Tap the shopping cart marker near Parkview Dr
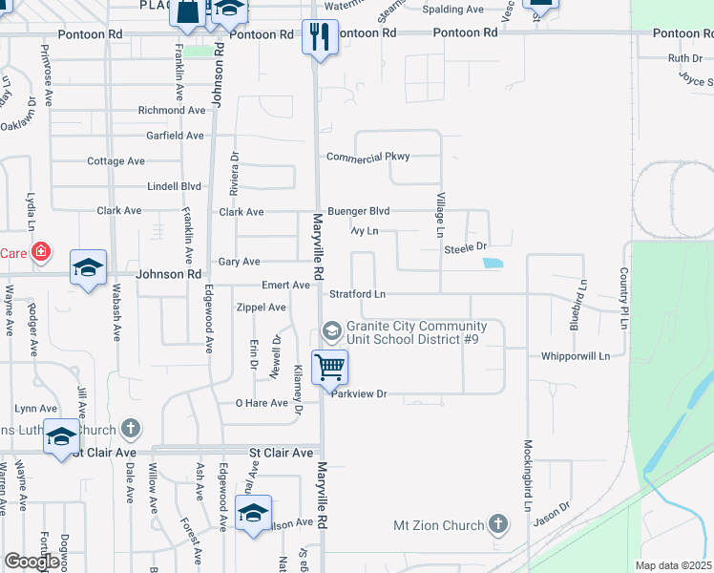tap(329, 367)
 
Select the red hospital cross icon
tap(40, 252)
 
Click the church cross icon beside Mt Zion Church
tap(496, 523)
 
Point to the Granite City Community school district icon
tap(332, 330)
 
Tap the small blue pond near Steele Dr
tap(493, 263)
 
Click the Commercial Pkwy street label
tap(367, 157)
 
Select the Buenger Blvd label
tap(359, 211)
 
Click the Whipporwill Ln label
tap(575, 356)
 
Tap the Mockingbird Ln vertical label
tap(527, 476)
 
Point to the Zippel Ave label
tap(261, 308)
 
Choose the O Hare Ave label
tap(262, 403)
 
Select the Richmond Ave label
tap(172, 111)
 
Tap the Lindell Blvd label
tap(174, 186)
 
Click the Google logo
tap(31, 562)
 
